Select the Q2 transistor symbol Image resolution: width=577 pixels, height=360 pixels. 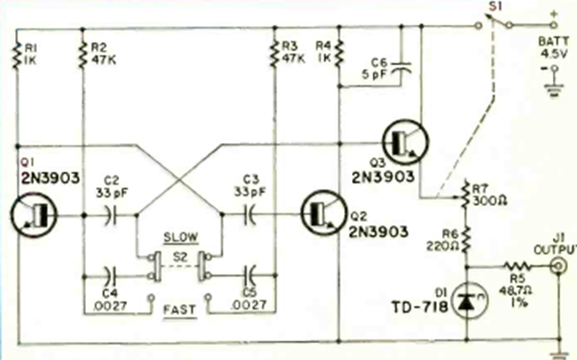321,215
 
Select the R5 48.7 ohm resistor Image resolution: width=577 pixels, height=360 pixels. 514,264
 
